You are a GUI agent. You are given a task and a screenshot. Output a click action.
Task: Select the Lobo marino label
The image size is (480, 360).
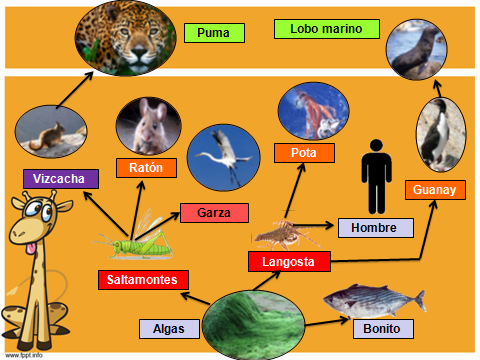[320, 29]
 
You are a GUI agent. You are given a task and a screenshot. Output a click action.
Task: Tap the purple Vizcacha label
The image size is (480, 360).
[60, 178]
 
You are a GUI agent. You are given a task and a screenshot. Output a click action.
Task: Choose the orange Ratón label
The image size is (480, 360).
[146, 167]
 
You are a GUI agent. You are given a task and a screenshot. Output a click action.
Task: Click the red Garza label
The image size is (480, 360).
[214, 213]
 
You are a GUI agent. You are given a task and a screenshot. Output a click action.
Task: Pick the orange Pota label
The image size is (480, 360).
[304, 153]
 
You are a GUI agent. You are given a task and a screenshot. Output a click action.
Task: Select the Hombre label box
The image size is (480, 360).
[375, 227]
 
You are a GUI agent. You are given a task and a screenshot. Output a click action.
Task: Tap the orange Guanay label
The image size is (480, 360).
[434, 190]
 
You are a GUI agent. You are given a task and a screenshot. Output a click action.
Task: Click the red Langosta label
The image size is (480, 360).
[288, 262]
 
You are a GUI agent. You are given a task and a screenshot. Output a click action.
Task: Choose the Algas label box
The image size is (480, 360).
[168, 328]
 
